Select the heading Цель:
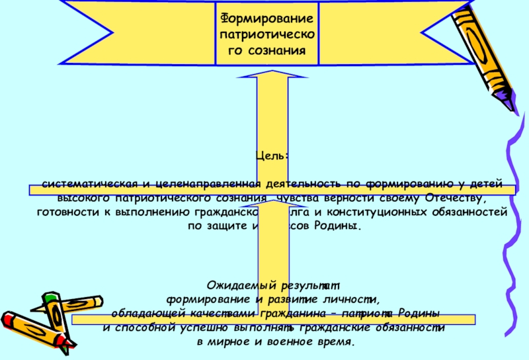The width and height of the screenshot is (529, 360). pyautogui.click(x=272, y=156)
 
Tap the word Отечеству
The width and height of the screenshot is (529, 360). pyautogui.click(x=456, y=198)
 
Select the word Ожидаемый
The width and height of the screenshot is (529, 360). pyautogui.click(x=237, y=285)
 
